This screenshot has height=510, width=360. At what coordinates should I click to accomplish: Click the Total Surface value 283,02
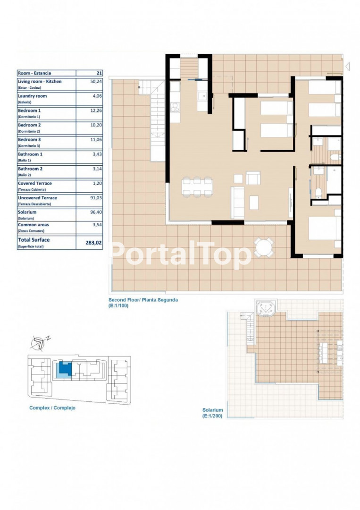93,243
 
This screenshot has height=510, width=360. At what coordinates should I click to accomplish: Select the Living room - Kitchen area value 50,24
96,82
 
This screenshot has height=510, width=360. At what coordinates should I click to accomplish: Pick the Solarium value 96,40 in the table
96,212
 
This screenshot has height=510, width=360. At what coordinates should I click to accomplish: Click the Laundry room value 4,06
97,96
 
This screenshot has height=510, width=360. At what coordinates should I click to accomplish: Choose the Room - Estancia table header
34,73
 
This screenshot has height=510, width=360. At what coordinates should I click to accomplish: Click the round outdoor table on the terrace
264,248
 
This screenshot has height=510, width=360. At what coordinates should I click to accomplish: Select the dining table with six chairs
197,187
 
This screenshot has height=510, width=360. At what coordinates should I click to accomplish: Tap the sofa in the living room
237,203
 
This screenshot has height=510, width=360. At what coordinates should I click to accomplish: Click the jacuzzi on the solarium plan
266,308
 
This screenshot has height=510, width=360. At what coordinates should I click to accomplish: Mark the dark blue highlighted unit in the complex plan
65,368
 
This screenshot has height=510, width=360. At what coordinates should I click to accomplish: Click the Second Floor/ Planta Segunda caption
143,300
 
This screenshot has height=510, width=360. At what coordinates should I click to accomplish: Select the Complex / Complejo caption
52,408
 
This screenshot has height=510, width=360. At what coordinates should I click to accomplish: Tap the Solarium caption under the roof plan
212,410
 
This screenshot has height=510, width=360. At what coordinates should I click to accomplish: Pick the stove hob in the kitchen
175,107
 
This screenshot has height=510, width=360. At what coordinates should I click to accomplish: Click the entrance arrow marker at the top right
347,67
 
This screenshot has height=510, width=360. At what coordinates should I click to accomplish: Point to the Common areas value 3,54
97,225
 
